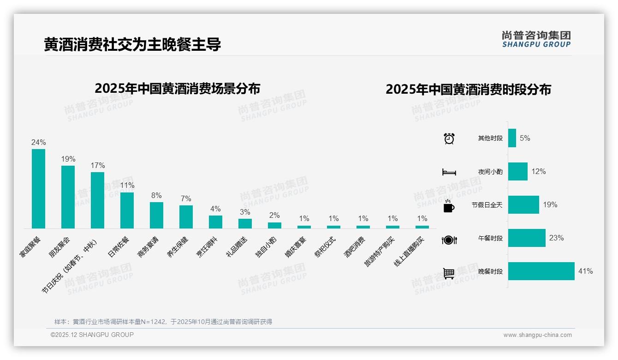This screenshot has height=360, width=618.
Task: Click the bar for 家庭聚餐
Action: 38,188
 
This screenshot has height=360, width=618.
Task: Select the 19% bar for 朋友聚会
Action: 68,197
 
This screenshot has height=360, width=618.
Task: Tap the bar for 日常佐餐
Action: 127,210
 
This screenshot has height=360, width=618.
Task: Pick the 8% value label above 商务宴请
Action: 156,196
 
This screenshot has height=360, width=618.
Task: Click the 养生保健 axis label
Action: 178,247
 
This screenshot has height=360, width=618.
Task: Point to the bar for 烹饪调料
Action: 215,222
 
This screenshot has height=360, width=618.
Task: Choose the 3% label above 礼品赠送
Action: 245,212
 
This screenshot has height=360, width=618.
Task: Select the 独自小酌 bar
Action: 274,225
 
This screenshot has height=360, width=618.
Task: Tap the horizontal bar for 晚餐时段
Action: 541,271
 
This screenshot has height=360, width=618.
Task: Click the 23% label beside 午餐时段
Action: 556,238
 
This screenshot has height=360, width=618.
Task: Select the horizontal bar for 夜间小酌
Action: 518,171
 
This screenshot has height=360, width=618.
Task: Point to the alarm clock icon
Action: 449,138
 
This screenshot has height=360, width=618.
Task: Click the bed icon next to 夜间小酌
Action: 449,172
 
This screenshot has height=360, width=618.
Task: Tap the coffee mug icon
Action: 449,206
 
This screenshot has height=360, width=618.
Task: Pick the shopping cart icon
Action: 449,273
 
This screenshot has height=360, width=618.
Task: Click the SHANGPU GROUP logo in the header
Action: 536,39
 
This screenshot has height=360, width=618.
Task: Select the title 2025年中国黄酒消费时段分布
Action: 468,90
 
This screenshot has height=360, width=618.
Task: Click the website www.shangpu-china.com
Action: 537,335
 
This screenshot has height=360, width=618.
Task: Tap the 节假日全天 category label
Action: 487,205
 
